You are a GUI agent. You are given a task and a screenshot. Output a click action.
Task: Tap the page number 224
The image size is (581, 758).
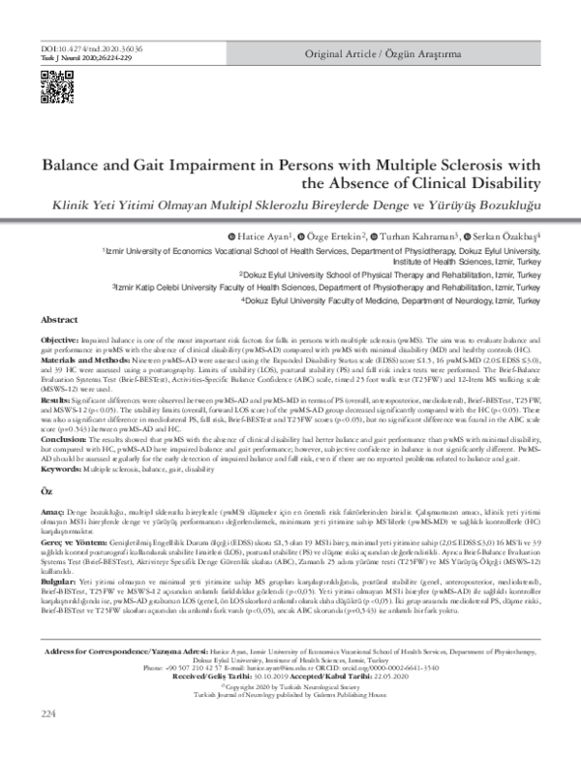click(49, 741)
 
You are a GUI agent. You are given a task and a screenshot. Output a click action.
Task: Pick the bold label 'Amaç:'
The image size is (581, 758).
click(53, 532)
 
